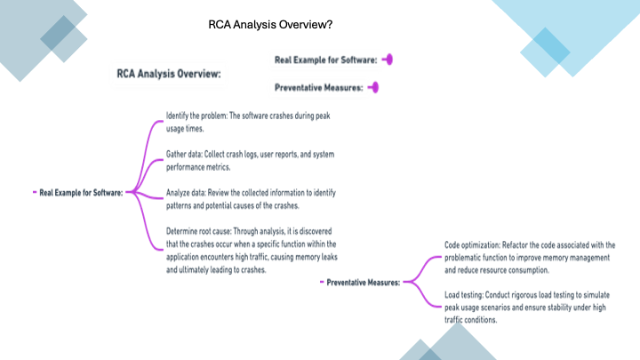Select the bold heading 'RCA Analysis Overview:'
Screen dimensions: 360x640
click(x=169, y=75)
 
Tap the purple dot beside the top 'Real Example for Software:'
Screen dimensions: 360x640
click(x=388, y=60)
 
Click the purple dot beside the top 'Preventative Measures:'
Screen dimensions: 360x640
click(x=374, y=87)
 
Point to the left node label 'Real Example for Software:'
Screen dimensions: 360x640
click(x=81, y=192)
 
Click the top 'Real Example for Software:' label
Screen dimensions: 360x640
click(x=326, y=60)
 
